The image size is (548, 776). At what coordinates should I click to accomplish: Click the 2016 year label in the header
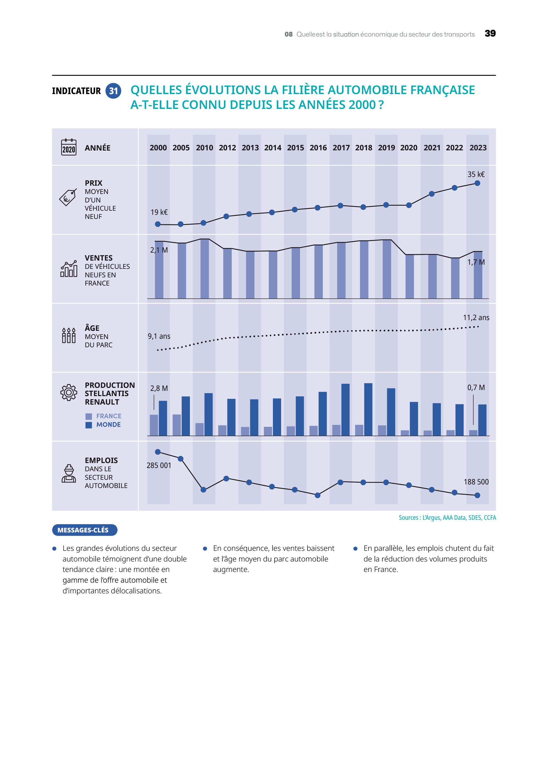(x=318, y=148)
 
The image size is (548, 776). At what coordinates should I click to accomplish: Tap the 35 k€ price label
(x=476, y=174)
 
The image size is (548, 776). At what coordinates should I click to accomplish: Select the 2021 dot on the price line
(x=432, y=194)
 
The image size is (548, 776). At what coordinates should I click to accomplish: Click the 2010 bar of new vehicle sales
(x=205, y=269)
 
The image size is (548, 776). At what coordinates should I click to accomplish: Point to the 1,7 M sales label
(x=476, y=262)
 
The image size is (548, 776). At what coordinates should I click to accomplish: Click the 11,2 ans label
(x=476, y=318)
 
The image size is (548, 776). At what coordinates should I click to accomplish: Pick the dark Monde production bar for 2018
(x=368, y=409)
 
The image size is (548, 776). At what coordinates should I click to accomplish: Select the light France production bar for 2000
(x=154, y=425)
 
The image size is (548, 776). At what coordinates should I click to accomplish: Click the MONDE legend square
(x=89, y=425)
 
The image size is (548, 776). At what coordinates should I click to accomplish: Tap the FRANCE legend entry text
(x=109, y=416)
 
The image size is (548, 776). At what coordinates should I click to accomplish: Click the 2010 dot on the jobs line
(x=203, y=490)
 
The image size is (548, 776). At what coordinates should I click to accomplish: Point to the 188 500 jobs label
(x=476, y=482)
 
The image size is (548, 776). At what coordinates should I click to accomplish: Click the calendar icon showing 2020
(x=68, y=147)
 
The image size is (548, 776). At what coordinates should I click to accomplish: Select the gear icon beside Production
(x=68, y=393)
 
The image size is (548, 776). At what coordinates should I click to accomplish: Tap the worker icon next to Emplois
(x=68, y=473)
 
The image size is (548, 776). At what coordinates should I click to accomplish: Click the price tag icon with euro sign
(x=67, y=197)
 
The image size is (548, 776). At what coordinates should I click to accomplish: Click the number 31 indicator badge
(x=113, y=91)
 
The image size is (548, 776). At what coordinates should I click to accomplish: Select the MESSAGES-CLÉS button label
(x=83, y=530)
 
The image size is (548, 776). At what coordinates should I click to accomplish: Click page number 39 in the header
(x=490, y=33)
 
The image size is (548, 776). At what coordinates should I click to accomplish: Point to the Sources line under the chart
(x=447, y=518)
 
